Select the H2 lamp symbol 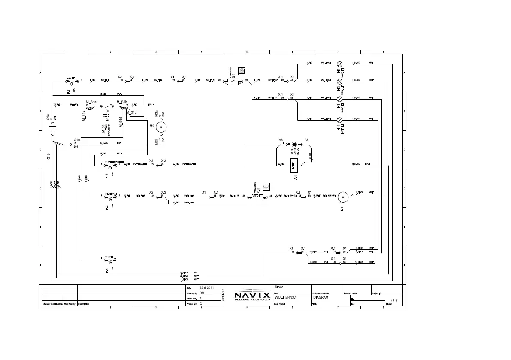pyautogui.click(x=340, y=81)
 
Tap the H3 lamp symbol pyautogui.click(x=340, y=99)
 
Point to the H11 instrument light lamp pyautogui.click(x=340, y=119)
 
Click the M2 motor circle pyautogui.click(x=161, y=127)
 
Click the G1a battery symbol pyautogui.click(x=53, y=127)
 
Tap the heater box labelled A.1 pyautogui.click(x=294, y=164)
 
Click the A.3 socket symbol pyautogui.click(x=294, y=145)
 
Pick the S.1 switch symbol pyautogui.click(x=234, y=80)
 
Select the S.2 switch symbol pyautogui.click(x=257, y=197)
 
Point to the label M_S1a pyautogui.click(x=91, y=102)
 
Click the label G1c pyautogui.click(x=77, y=140)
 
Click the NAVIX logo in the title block pyautogui.click(x=252, y=296)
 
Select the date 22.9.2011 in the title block pyautogui.click(x=206, y=287)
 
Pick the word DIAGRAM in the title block pyautogui.click(x=321, y=297)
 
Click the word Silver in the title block pyautogui.click(x=278, y=286)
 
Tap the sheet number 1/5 pyautogui.click(x=394, y=301)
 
